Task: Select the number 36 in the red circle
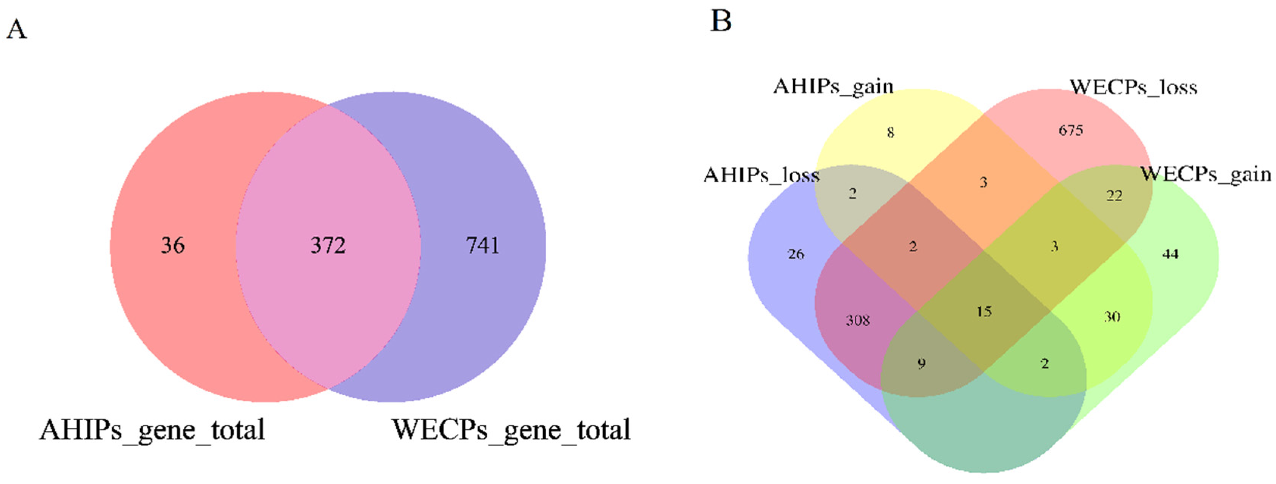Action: [x=172, y=245]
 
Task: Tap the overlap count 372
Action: [x=328, y=245]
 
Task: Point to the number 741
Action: [x=482, y=245]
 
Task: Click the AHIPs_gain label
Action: [x=833, y=87]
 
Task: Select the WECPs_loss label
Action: [x=1133, y=88]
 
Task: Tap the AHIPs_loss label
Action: [x=762, y=175]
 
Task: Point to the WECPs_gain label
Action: [x=1206, y=174]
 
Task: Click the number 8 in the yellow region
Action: [x=891, y=133]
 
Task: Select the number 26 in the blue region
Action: [x=796, y=254]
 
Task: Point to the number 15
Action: [x=984, y=312]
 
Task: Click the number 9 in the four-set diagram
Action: [x=921, y=363]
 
